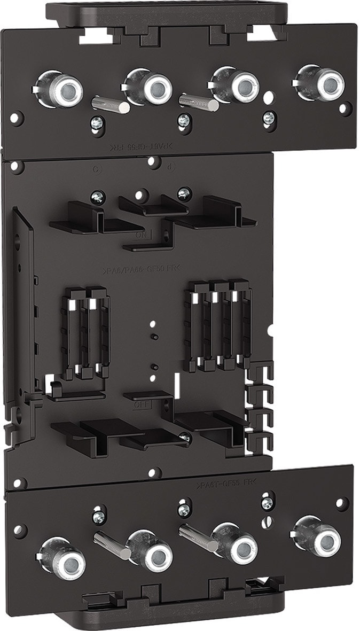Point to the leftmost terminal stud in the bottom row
[68, 562]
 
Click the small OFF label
[141, 404]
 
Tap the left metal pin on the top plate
[110, 103]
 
